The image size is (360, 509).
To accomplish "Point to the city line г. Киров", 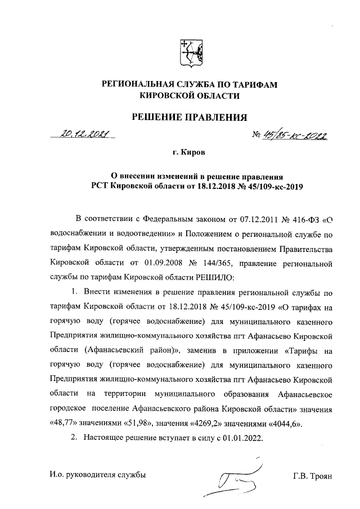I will point(189,152).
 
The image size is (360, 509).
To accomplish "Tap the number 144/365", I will point(244,262).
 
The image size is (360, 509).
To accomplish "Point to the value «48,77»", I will point(62,423).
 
